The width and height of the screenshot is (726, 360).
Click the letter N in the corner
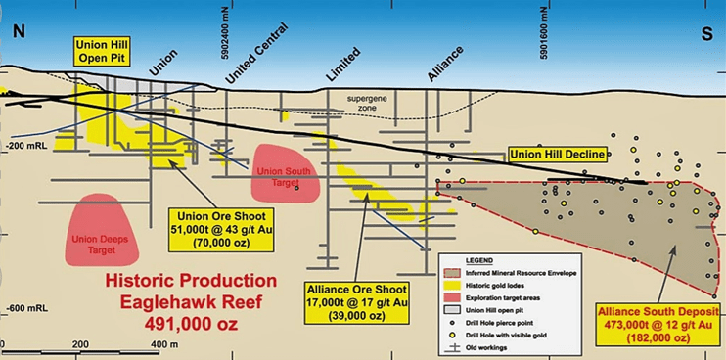click(18, 29)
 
